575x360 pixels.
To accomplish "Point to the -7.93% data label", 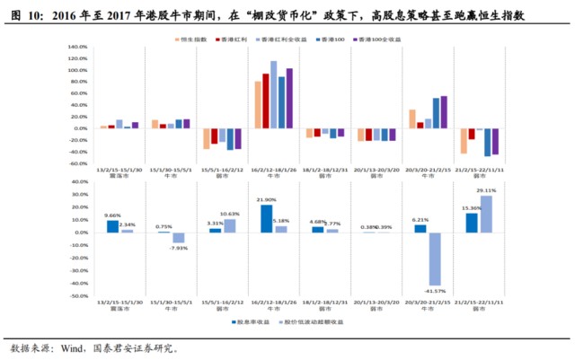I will click(180, 249).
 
